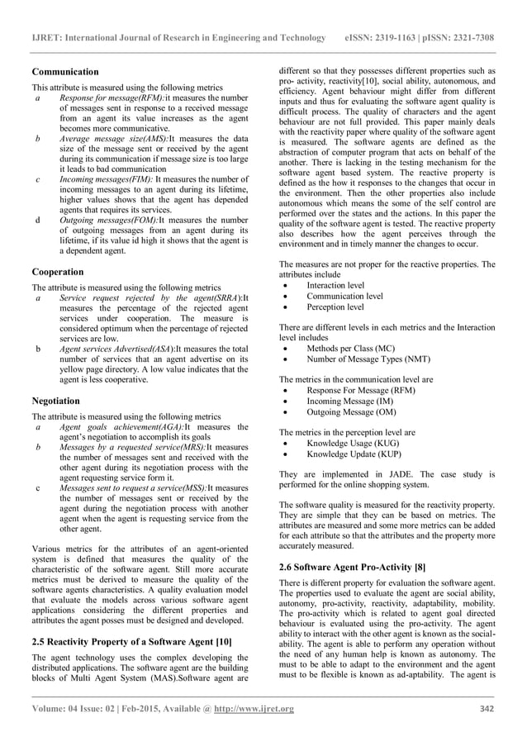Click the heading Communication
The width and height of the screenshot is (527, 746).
coord(65,72)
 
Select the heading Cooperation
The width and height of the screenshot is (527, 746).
coord(57,271)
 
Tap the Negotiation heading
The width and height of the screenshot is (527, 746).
coord(56,401)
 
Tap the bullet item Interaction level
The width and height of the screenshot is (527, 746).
coord(335,285)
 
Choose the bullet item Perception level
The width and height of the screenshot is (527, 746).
coord(334,306)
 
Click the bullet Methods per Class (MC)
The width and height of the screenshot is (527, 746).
coord(350,349)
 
